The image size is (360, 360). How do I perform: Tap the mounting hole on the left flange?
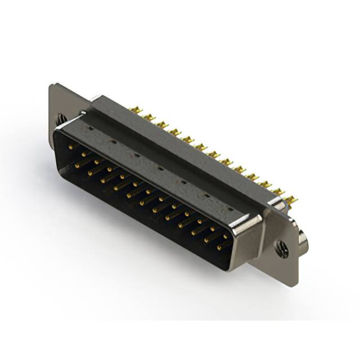(x=60, y=119)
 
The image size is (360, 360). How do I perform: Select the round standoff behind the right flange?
(x=303, y=242)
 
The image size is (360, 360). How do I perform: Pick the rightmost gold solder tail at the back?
(x=291, y=200)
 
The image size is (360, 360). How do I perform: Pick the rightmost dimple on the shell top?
(x=229, y=209)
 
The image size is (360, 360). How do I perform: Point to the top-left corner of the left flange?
(x=51, y=85)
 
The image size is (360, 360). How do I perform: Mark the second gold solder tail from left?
(x=148, y=117)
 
